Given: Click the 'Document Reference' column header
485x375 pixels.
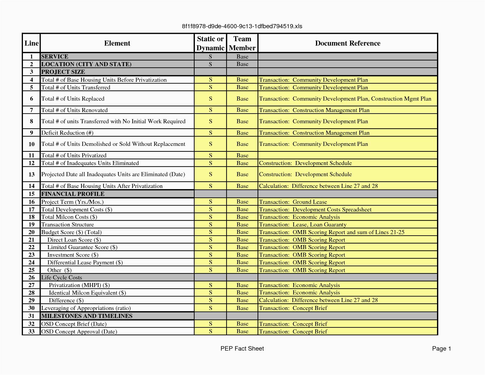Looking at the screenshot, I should click(347, 43).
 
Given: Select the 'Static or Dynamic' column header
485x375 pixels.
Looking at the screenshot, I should click(210, 43).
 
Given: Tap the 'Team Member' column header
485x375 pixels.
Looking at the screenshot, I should click(242, 43).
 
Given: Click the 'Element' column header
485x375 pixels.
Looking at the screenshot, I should click(117, 43).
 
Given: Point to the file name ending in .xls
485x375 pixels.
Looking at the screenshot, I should click(242, 26).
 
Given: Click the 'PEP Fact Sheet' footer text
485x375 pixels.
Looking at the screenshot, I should click(242, 349).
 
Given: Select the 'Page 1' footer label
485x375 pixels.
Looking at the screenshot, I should click(441, 349).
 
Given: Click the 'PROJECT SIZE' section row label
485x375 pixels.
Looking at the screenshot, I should click(63, 72).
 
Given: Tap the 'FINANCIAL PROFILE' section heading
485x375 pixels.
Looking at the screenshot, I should click(73, 194).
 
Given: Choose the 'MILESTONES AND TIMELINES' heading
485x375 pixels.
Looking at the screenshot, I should click(87, 316).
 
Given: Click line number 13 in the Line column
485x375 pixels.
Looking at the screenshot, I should click(31, 174).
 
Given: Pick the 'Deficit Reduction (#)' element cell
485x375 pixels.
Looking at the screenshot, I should click(67, 133).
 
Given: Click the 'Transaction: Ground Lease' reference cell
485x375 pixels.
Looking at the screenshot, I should click(293, 202).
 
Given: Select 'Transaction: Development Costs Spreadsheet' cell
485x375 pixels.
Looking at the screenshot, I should click(315, 209).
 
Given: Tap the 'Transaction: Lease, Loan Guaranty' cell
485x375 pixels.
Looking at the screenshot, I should click(302, 225).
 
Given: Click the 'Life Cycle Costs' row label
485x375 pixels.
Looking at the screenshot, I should click(61, 277).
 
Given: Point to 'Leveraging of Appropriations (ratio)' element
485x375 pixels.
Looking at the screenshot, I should click(86, 308).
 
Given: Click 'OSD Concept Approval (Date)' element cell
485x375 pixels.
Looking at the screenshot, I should click(79, 331).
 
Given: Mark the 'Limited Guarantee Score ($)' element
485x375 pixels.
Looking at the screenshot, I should click(82, 247).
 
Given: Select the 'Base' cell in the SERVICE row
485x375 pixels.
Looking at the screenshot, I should click(242, 56).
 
